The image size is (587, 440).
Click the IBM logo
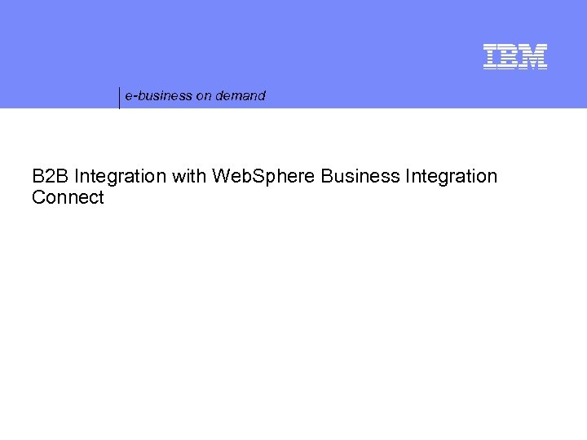(514, 56)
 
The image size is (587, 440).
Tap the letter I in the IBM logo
(489, 56)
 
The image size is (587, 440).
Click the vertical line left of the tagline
(120, 97)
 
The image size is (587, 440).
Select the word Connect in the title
(68, 198)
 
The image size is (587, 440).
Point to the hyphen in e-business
(133, 97)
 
